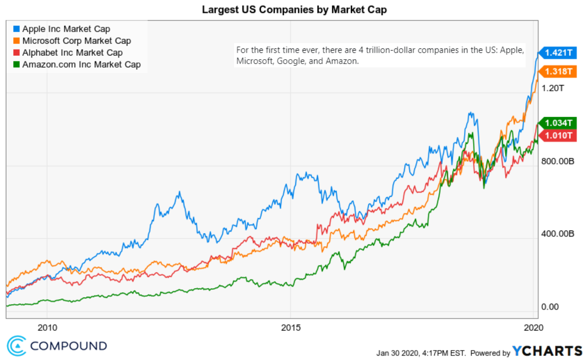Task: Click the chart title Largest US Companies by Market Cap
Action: (x=294, y=9)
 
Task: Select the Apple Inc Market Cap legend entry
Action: (x=66, y=29)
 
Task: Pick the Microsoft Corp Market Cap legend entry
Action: (x=76, y=41)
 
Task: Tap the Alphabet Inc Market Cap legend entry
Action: (x=72, y=53)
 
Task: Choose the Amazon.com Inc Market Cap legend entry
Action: (x=81, y=65)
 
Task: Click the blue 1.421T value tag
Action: (x=558, y=53)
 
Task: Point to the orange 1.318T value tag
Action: (x=558, y=72)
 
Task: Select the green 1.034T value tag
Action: (x=558, y=123)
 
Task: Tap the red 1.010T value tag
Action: (x=558, y=136)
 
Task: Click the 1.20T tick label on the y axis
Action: (x=553, y=88)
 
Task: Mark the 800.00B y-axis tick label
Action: (x=558, y=161)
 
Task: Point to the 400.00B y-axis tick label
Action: (x=558, y=234)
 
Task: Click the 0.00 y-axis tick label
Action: (x=550, y=307)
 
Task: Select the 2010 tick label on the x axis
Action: (x=47, y=328)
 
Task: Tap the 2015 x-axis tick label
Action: (x=291, y=328)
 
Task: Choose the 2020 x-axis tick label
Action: (x=533, y=328)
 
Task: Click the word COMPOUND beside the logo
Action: (x=69, y=346)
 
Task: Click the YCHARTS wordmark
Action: (x=547, y=351)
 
